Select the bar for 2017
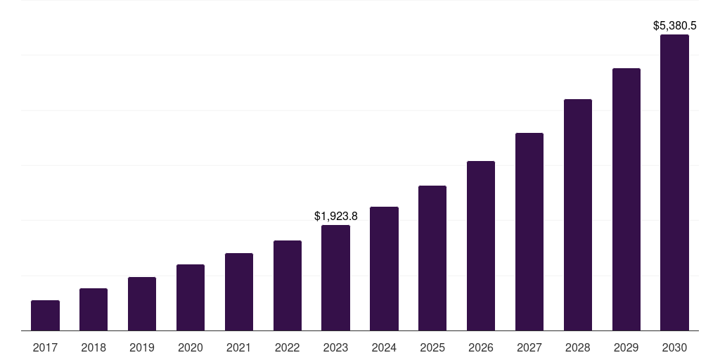point(45,315)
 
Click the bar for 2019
point(142,304)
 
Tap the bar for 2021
point(239,292)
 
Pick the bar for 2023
point(335,278)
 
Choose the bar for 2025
point(432,258)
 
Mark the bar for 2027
point(529,231)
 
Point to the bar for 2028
point(578,214)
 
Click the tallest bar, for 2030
point(674,182)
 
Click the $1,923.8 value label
point(336,216)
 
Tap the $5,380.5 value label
point(675,26)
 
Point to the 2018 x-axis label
point(94,347)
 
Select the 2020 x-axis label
point(191,347)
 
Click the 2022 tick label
point(288,347)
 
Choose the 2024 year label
point(384,347)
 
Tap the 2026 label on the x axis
point(481,347)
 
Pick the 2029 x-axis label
point(626,347)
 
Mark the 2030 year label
point(674,347)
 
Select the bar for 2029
point(626,199)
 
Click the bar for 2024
point(384,269)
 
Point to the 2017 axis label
point(45,347)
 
